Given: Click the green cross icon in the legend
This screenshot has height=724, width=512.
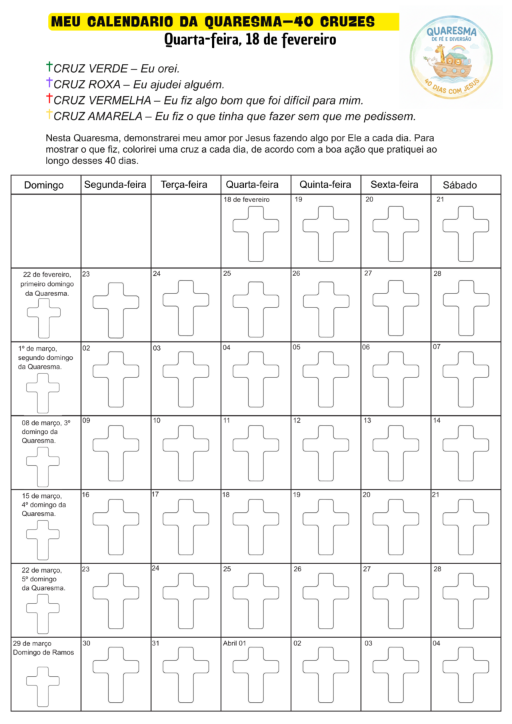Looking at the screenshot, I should point(49,67).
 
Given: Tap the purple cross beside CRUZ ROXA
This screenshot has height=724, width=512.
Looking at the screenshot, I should point(49,83).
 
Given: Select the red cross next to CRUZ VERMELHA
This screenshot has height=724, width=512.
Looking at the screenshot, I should point(49,99).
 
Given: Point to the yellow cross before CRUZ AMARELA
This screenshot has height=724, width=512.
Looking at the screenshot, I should point(49,115).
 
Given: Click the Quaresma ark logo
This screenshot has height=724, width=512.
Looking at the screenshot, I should point(455,56).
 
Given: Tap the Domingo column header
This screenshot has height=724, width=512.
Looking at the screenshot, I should point(44,185).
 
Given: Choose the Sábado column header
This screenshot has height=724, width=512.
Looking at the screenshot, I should point(460,185).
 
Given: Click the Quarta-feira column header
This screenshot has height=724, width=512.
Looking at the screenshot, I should point(253,184).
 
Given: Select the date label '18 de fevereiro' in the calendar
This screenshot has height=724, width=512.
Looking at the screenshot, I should point(247,199).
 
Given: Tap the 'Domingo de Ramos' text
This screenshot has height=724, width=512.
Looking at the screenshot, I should point(43,652).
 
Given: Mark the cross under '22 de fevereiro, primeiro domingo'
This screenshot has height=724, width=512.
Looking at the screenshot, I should point(43,318).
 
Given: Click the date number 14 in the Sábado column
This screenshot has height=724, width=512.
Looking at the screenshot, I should point(437,421).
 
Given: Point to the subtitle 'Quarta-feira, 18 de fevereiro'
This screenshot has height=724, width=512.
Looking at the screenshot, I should point(250,40).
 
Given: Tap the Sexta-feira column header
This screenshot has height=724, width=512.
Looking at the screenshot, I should point(395,184).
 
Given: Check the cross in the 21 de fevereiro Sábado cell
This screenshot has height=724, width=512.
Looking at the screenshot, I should point(466,229).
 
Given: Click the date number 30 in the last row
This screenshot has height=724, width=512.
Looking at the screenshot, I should point(86,643).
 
